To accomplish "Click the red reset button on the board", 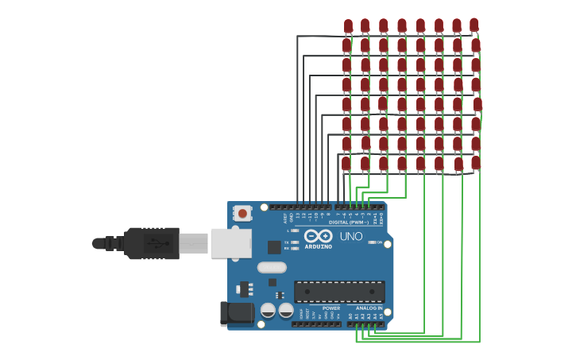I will pos(242,213).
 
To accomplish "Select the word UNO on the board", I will pos(351,236).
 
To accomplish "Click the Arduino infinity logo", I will pos(318,235).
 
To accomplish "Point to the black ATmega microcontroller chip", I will pos(339,291).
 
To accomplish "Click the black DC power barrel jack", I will pos(237,313).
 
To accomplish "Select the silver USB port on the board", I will pos(230,243).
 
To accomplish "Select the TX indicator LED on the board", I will pos(295,242).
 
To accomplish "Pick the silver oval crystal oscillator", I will pos(272,267).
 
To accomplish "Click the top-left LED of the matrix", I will pos(348,25).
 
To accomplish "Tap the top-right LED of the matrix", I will pos(474,25).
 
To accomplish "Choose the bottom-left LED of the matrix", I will pos(346,163).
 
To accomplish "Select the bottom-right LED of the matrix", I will pos(475,162).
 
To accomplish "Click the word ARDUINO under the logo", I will pos(319,246).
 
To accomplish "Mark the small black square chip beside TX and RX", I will pos(274,247).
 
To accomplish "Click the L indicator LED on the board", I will pos(295,230).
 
